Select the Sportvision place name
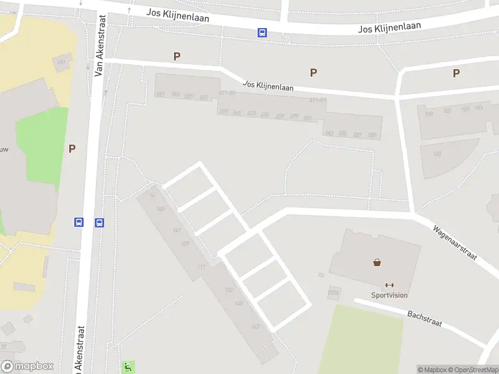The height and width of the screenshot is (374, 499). (x=389, y=295)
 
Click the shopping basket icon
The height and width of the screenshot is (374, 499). (x=377, y=262)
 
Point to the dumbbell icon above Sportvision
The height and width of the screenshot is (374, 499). (x=390, y=285)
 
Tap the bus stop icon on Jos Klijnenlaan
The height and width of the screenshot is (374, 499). (x=263, y=33)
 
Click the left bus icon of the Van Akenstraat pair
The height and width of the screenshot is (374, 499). (x=79, y=222)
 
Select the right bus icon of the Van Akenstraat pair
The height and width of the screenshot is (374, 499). (x=99, y=223)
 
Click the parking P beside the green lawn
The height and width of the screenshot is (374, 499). (x=72, y=148)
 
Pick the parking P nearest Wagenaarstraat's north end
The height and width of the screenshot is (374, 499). (x=456, y=73)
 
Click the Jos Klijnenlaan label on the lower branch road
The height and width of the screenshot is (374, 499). (x=268, y=86)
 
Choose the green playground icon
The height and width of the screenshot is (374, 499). (x=128, y=367)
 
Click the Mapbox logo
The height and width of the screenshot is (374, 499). (x=27, y=367)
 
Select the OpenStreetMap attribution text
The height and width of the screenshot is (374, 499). (x=472, y=370)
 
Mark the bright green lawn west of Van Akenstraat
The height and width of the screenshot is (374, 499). (x=41, y=140)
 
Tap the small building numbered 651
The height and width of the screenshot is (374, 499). (x=61, y=62)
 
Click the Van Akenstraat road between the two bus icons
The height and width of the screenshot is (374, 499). (x=89, y=223)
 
